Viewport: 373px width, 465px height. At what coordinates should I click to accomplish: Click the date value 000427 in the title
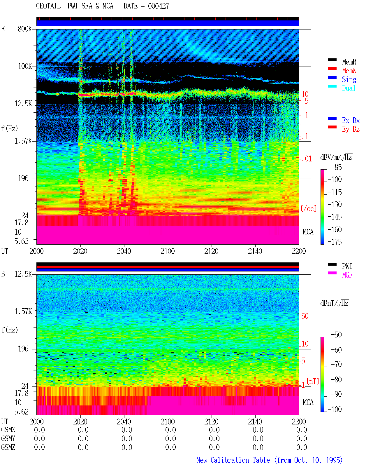(158, 6)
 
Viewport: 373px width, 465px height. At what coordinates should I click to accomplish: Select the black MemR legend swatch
(332, 60)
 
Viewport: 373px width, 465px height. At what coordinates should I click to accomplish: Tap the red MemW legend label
(349, 71)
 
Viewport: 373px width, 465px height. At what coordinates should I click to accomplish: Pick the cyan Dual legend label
(349, 88)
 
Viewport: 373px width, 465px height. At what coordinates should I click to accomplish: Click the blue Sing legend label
(349, 79)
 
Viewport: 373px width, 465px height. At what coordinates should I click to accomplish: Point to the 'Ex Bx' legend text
(351, 120)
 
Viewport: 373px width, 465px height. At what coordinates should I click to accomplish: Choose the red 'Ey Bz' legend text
(351, 129)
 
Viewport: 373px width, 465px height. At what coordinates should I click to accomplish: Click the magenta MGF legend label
(347, 275)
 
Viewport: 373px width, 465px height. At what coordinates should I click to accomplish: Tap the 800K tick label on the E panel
(25, 29)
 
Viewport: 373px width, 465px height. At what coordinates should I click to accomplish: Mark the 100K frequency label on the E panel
(25, 66)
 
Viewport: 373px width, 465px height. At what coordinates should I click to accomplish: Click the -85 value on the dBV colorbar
(336, 167)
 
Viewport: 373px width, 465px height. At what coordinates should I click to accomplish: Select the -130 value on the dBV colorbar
(335, 204)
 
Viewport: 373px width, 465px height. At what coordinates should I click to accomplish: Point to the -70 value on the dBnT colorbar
(336, 365)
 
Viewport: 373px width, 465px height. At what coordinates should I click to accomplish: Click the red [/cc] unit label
(309, 208)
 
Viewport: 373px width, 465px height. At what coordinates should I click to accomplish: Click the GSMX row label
(8, 430)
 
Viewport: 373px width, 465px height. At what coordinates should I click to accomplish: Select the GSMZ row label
(8, 447)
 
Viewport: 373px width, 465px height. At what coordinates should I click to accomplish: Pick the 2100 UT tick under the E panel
(168, 251)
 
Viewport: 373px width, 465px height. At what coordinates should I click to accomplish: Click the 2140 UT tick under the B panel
(255, 422)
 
